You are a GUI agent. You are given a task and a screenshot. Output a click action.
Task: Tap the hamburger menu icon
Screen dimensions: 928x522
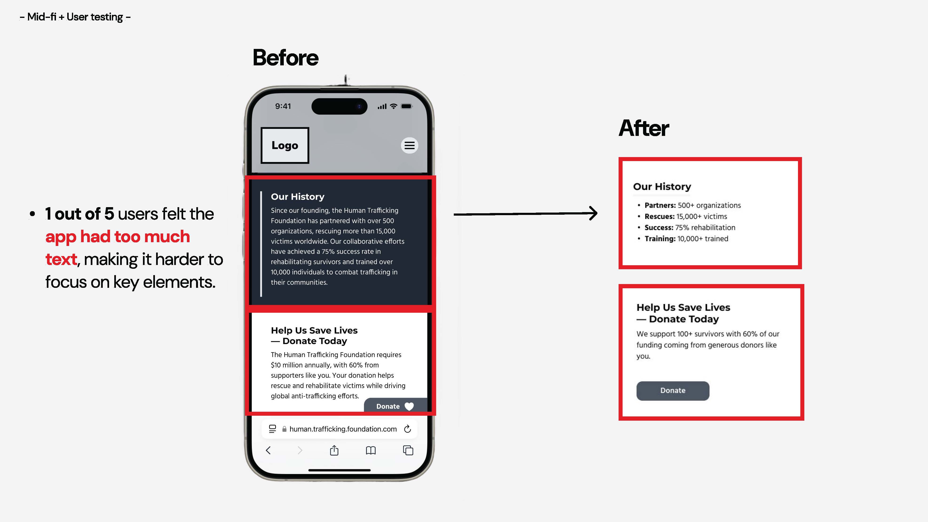(x=410, y=146)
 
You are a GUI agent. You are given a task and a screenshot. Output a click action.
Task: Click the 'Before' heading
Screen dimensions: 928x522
(x=286, y=58)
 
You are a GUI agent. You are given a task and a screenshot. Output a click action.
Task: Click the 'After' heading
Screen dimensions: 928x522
(x=644, y=128)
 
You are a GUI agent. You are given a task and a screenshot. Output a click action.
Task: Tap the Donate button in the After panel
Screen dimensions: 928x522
(x=673, y=391)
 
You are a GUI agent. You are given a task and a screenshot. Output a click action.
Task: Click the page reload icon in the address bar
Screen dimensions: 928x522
(x=407, y=429)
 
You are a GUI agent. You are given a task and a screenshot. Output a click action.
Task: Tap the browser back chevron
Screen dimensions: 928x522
(x=268, y=450)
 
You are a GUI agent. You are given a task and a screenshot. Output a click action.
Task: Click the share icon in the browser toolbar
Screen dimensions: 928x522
(x=334, y=450)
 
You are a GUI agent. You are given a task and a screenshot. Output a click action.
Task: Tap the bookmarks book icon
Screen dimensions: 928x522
(x=371, y=450)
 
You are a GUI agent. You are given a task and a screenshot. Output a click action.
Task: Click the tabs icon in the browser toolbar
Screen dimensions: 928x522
(x=408, y=450)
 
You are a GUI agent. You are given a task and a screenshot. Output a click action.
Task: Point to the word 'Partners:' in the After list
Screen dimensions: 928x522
(x=660, y=205)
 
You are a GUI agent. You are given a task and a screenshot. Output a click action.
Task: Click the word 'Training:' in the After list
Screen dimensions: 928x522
(x=660, y=239)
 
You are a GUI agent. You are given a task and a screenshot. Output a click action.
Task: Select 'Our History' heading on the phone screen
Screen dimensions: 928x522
(x=298, y=197)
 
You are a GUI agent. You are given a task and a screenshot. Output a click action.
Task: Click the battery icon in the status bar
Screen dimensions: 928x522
(x=407, y=106)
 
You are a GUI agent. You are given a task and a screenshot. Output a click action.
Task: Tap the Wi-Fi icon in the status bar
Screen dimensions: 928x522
(x=394, y=106)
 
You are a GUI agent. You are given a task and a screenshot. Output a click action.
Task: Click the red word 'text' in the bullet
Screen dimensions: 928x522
(x=61, y=259)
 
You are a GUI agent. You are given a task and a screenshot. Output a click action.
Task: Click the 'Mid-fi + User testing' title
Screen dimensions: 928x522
(x=75, y=17)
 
